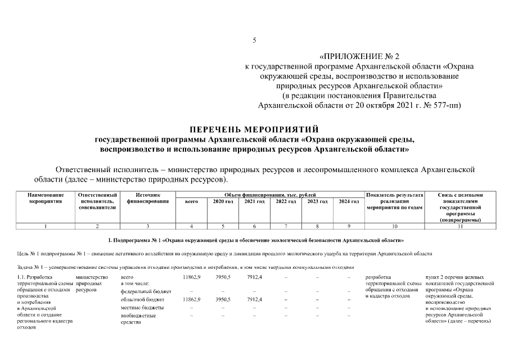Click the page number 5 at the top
(254, 40)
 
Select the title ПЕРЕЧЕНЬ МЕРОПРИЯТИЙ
(254, 129)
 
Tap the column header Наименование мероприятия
(46, 198)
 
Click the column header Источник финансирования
(148, 198)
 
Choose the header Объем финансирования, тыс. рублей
(270, 195)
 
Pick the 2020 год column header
(223, 201)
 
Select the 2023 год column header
(317, 201)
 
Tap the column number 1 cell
(46, 226)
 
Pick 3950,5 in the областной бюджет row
(223, 300)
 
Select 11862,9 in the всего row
(192, 277)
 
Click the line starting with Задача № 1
(186, 267)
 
